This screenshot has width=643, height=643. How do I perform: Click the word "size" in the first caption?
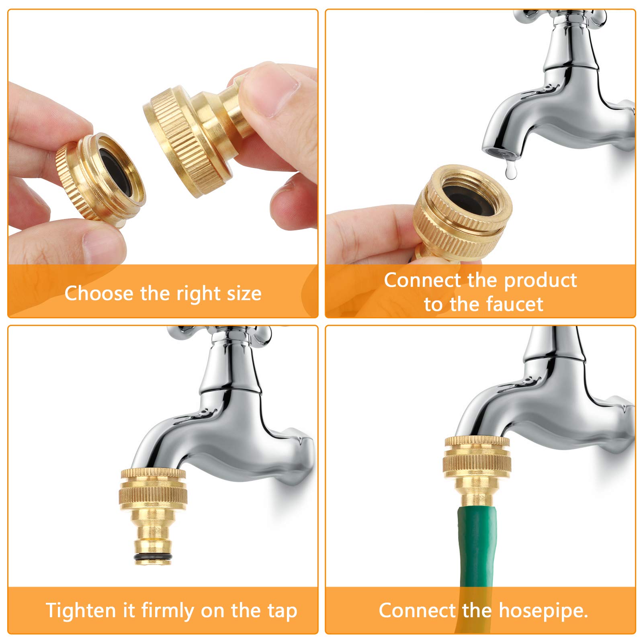click(x=244, y=294)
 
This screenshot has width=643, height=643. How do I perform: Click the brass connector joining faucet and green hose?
click(x=477, y=471)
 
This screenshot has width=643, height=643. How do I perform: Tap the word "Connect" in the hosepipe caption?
click(x=417, y=611)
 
